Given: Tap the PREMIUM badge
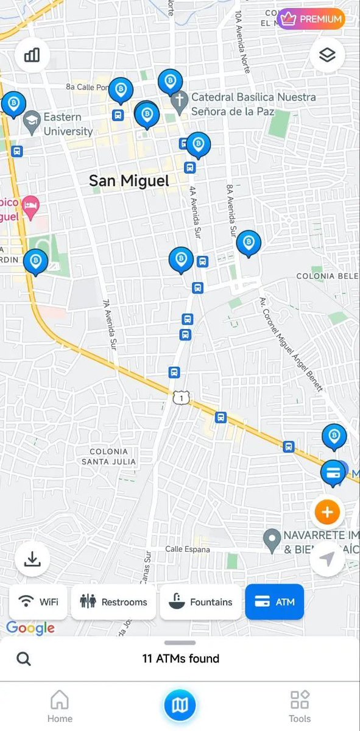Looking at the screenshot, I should [311, 19].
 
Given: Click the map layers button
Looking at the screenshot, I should [327, 55].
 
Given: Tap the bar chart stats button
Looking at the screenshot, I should [32, 55].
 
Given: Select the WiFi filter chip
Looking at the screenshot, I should [39, 602].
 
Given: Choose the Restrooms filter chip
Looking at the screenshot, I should [113, 602].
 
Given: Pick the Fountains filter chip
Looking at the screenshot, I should [201, 602].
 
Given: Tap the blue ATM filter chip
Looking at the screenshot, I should [274, 602].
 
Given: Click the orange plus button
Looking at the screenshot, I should [327, 512].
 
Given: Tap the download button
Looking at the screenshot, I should [32, 559].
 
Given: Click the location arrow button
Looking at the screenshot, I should [327, 559].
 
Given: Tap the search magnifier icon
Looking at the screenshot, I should [24, 659].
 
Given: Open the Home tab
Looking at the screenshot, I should [59, 707].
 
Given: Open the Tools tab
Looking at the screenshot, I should [300, 707].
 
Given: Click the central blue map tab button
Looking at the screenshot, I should [180, 706].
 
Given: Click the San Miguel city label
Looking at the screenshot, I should [129, 181].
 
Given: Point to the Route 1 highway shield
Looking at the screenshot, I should [181, 398].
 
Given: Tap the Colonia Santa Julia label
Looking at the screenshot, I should [108, 456].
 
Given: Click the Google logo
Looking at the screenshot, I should [30, 628].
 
